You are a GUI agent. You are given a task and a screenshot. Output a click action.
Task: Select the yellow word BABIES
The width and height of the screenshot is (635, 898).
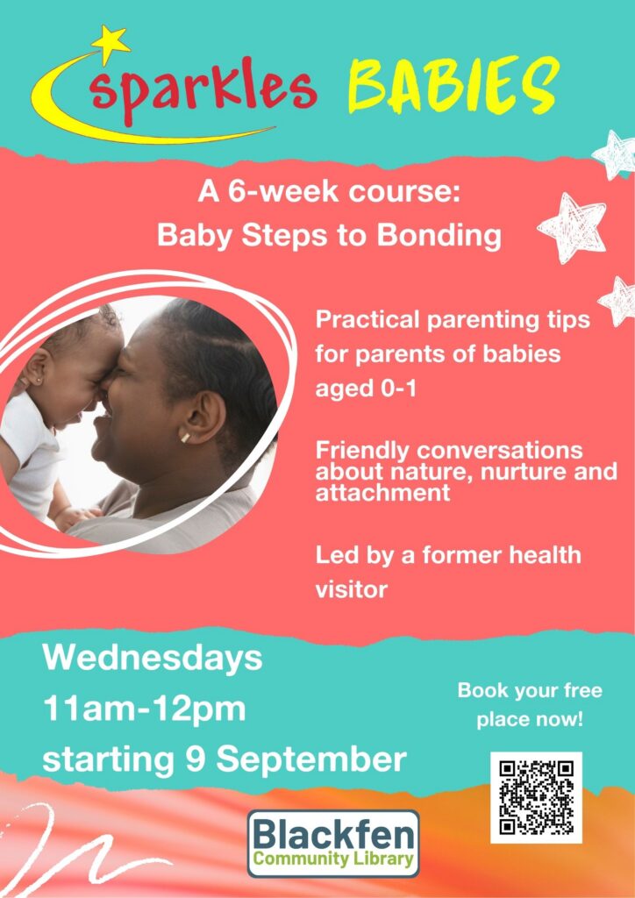pos(453,85)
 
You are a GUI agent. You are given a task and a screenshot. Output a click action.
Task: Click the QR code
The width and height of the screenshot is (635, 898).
pos(536,797)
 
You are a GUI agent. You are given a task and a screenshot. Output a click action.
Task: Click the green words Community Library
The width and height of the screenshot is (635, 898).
pos(334,859)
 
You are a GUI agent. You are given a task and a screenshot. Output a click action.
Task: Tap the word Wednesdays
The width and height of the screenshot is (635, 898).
pos(153,659)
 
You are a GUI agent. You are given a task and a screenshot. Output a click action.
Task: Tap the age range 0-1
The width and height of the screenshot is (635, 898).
pos(397,388)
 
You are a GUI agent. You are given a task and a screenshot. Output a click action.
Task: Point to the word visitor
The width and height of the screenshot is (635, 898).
pos(352,589)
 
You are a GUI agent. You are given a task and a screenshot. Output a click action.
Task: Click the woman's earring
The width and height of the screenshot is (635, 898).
pos(186,437)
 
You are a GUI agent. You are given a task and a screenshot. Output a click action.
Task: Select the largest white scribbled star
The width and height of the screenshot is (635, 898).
pos(572,227)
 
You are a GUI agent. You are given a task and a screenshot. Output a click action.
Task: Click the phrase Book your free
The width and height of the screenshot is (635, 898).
pos(530,691)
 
